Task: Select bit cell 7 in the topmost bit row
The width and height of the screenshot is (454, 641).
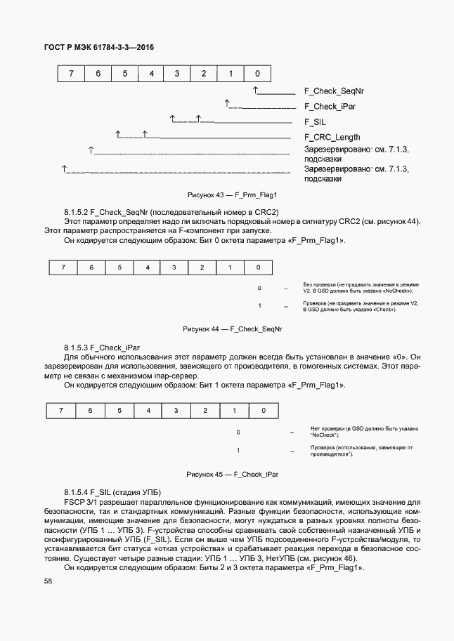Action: pos(71,73)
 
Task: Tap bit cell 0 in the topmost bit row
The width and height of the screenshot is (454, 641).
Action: pos(258,73)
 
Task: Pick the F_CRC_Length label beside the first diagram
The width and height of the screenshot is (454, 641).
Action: pos(333,137)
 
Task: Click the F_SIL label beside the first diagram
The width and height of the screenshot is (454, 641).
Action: pos(316,122)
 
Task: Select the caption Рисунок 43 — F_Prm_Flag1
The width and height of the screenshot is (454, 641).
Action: pos(233,194)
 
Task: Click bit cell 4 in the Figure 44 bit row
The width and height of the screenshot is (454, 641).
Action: pos(148,267)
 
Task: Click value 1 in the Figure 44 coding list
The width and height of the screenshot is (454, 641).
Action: pos(259,305)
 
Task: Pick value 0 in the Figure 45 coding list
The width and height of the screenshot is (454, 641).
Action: pos(238,432)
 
